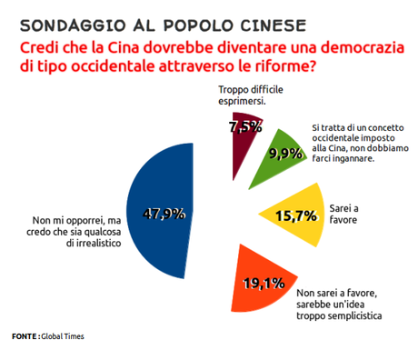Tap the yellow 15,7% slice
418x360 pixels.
pyautogui.click(x=291, y=216)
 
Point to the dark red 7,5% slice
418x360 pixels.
pyautogui.click(x=242, y=136)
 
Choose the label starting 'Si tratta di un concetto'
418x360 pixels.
pyautogui.click(x=360, y=145)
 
